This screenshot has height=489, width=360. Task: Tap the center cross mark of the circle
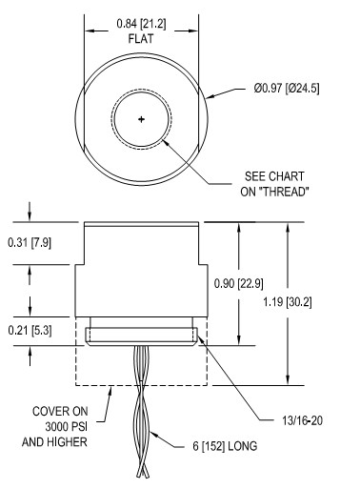[142, 119]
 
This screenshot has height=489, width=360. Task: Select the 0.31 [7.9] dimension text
[30, 244]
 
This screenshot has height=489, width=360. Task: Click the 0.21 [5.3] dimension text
[30, 329]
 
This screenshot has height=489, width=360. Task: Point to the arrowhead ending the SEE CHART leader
[164, 139]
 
